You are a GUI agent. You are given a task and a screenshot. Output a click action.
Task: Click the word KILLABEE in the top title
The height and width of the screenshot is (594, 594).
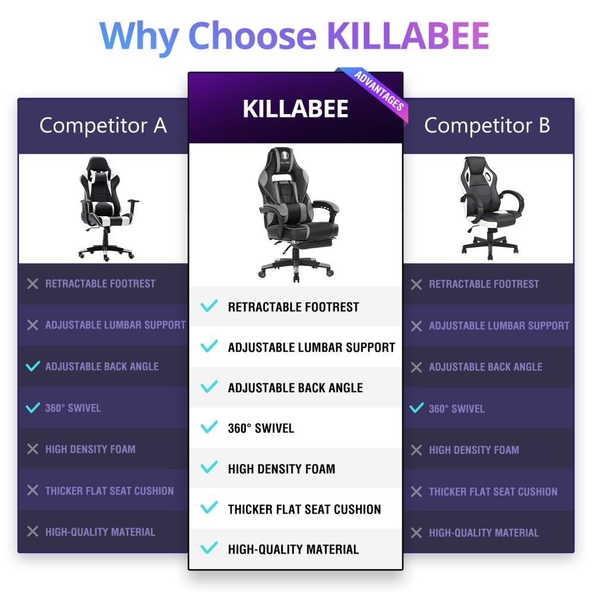click(407, 36)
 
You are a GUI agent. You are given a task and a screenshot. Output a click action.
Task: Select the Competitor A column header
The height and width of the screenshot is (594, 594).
click(103, 125)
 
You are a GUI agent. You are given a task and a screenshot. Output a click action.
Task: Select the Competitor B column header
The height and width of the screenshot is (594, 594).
click(487, 125)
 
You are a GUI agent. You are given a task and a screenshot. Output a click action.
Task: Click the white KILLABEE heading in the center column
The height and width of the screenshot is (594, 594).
click(295, 109)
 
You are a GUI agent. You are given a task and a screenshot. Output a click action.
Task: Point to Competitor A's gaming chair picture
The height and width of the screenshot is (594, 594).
click(107, 208)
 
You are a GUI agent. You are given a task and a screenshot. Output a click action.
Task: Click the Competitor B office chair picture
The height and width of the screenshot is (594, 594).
click(491, 208)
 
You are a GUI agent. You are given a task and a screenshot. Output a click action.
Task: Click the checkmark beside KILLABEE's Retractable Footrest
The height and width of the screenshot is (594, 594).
click(209, 305)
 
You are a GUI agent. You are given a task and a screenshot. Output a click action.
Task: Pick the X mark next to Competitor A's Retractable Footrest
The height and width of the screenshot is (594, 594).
click(33, 284)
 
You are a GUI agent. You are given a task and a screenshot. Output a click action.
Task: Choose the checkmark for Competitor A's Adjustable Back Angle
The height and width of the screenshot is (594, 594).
click(33, 366)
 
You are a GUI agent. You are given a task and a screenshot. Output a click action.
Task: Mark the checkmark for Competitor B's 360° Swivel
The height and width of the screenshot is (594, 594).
click(416, 408)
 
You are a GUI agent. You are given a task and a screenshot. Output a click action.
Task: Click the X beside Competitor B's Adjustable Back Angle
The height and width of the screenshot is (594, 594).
click(416, 367)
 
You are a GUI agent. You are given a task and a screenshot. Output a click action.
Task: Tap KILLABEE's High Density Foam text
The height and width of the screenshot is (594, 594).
click(282, 469)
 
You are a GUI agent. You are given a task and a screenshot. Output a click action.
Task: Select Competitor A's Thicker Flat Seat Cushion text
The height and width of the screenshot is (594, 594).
click(109, 491)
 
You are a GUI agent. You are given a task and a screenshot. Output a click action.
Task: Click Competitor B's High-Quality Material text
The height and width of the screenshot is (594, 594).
click(484, 533)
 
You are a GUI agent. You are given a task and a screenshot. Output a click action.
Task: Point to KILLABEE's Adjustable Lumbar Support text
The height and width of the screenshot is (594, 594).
click(311, 347)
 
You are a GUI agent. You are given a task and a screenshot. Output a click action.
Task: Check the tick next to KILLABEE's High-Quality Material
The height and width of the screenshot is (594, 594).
click(209, 548)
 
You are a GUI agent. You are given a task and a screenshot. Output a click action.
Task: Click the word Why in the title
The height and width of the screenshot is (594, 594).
click(140, 37)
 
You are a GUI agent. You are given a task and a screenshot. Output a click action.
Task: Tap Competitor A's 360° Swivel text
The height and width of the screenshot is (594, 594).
click(73, 408)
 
